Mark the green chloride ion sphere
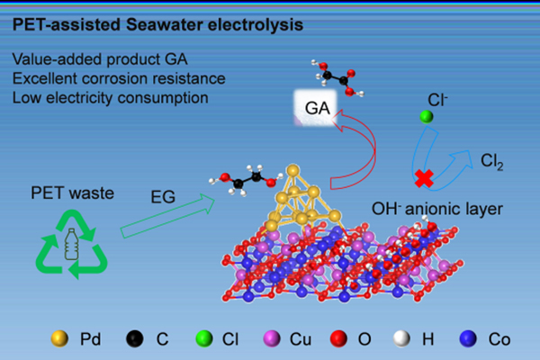coord(428,116)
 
